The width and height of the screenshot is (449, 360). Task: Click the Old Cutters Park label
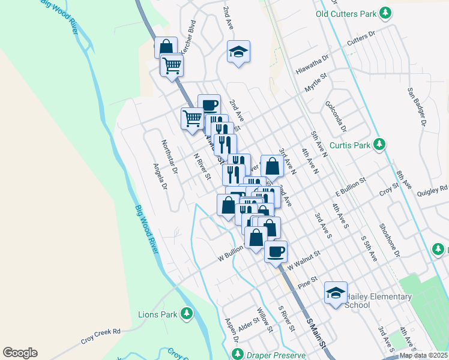point(346,13)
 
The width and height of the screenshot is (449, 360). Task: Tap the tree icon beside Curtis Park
point(379,145)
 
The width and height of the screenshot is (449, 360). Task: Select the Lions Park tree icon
point(187,313)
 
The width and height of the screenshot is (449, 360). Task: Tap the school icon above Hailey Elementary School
point(336,292)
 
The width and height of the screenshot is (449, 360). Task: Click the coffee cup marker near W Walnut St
point(276,251)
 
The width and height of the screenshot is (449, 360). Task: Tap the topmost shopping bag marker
point(166,47)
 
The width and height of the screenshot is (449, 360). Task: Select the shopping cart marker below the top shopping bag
point(172,64)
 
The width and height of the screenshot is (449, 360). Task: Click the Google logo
point(20,353)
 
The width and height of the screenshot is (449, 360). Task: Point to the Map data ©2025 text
point(423,355)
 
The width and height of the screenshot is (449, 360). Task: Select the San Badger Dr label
point(415,107)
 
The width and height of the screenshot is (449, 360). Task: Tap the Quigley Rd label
point(435,188)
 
